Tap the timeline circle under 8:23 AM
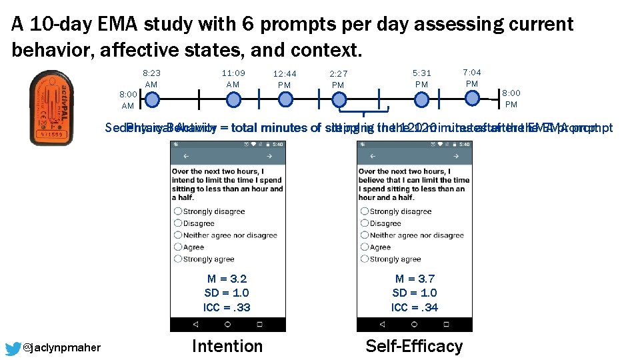point(152,100)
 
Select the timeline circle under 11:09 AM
point(233,100)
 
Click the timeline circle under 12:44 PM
point(285,100)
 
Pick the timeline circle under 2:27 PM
point(339,100)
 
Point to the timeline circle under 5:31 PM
point(421,100)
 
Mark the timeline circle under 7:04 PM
point(472,98)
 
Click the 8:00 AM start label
point(128,100)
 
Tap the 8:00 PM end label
point(511,99)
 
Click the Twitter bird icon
point(13,348)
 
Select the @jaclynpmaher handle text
point(61,348)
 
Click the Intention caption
point(227,346)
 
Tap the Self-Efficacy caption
point(414,346)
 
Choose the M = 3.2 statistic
point(227,279)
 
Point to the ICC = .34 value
point(415,307)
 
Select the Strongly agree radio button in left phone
point(178,259)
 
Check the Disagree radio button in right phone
point(365,223)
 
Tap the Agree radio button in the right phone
point(365,247)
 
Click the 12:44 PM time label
point(285,79)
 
